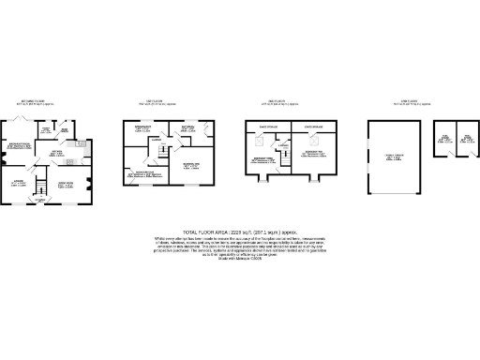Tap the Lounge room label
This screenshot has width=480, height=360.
click(20, 184)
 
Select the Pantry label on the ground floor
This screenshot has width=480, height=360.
click(44, 129)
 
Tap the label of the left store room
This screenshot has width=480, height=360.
click(447, 141)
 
